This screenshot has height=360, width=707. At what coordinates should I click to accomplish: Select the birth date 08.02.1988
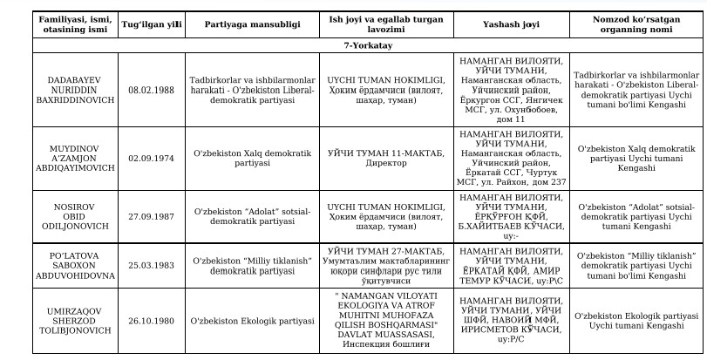pos(153,90)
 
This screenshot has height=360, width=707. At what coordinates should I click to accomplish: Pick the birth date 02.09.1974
pos(153,158)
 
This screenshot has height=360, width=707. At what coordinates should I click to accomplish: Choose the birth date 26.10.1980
pos(153,320)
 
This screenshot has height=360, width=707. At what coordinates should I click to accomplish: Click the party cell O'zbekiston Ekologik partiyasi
pos(250,320)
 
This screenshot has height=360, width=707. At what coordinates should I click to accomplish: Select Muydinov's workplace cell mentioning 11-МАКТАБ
pos(385,158)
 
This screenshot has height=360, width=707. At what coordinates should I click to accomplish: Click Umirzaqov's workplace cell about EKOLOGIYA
pos(385,320)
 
